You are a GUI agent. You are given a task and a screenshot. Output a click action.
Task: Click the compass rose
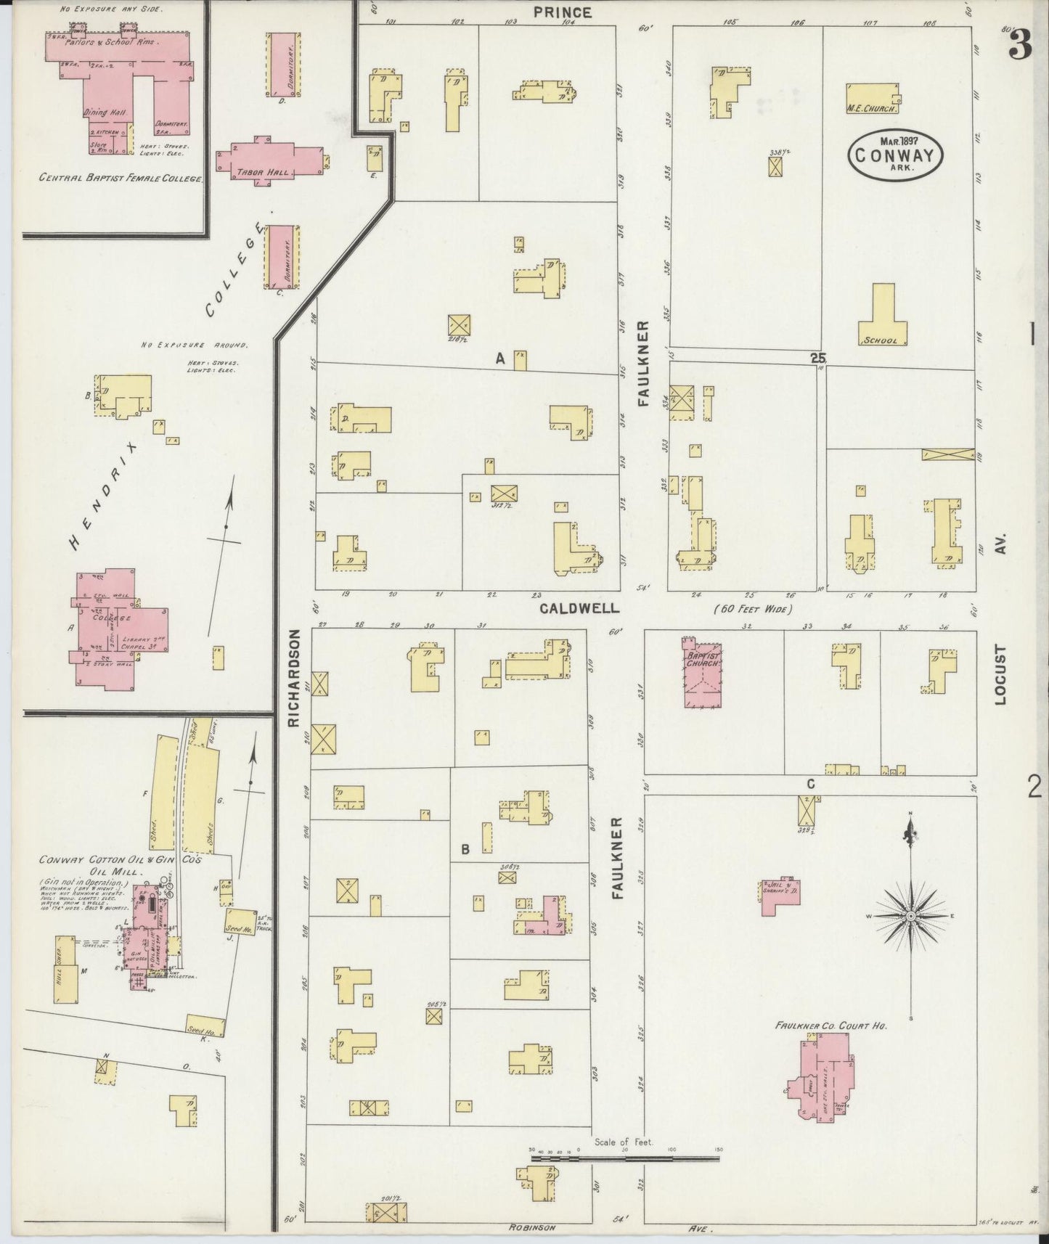click(x=909, y=917)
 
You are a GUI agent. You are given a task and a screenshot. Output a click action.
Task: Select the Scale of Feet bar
click(x=624, y=1159)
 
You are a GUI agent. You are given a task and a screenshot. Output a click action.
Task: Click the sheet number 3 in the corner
click(x=1019, y=47)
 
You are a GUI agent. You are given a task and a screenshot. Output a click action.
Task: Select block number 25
click(x=818, y=358)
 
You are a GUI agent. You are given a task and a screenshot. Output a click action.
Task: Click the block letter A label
click(x=499, y=358)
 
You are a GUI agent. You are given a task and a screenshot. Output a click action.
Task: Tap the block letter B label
click(x=465, y=848)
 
